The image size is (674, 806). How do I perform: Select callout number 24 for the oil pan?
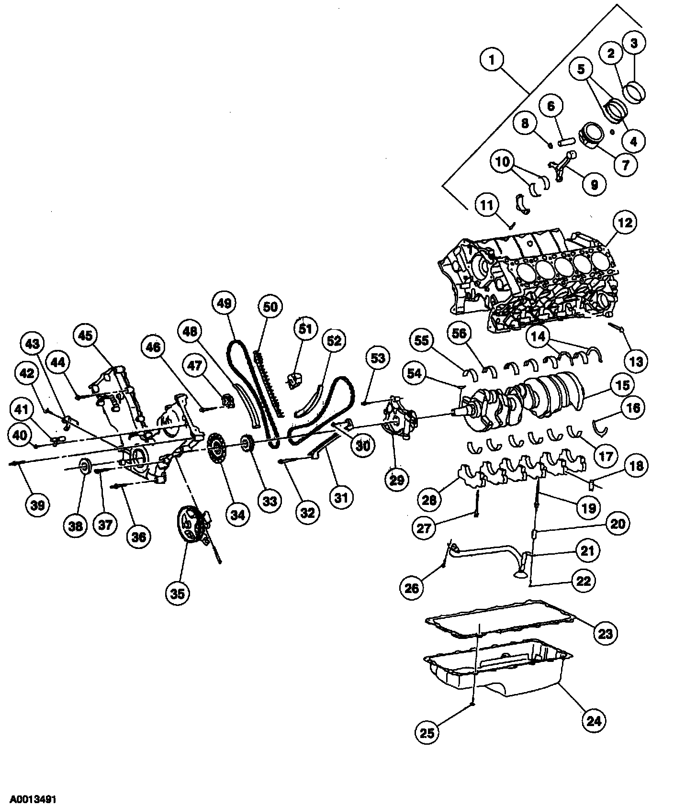click(594, 720)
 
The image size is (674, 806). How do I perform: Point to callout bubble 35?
click(177, 593)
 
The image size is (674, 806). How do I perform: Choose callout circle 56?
click(459, 334)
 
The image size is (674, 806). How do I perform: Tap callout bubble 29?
click(397, 479)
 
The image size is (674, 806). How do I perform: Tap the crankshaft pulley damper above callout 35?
click(191, 526)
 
